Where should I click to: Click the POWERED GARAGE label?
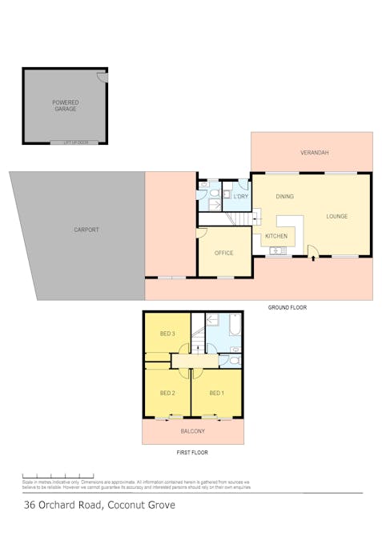[x=65, y=106]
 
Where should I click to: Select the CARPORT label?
[x=86, y=230]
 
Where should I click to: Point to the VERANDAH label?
[x=314, y=152]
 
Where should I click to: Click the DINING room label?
[x=285, y=196]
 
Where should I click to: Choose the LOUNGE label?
[x=337, y=216]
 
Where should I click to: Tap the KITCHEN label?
[x=275, y=236]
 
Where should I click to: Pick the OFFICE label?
[x=223, y=253]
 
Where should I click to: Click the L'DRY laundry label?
[x=240, y=196]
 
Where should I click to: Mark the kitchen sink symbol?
[x=279, y=251]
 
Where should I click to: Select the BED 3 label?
[x=167, y=334]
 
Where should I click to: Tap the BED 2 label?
[x=167, y=393]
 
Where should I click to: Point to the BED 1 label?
[x=217, y=393]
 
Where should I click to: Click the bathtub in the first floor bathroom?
[x=235, y=325]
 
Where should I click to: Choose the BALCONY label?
[x=192, y=431]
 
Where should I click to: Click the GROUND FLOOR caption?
[x=287, y=307]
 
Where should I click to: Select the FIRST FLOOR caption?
[x=192, y=453]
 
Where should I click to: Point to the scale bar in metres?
[x=58, y=476]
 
